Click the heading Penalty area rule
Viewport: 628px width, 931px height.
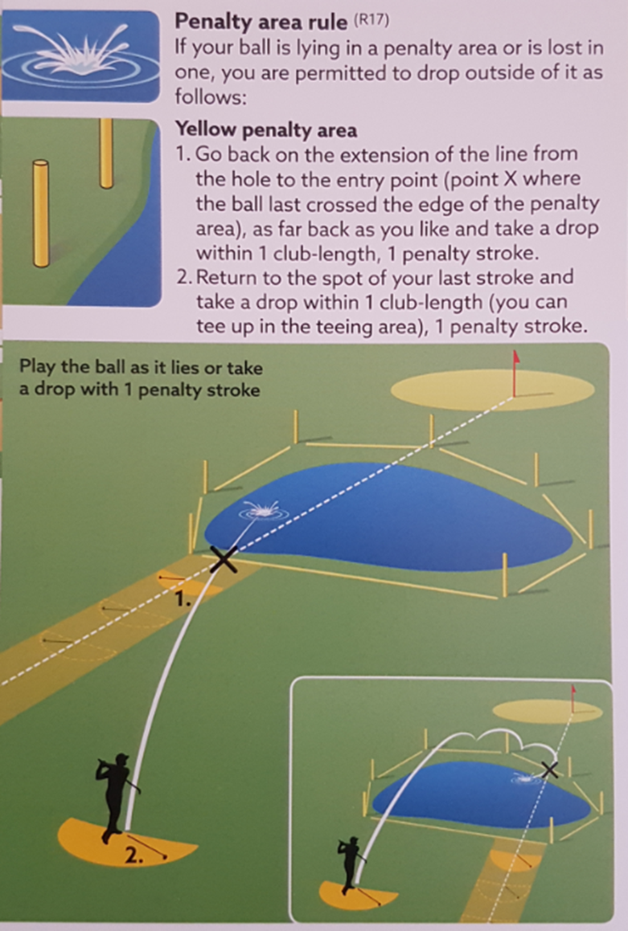[261, 22]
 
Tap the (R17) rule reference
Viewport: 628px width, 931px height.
[371, 20]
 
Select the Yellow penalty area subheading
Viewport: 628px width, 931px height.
[266, 129]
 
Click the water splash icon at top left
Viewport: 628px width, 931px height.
[80, 56]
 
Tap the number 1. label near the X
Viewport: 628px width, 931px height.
[183, 599]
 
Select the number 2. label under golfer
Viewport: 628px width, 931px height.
[134, 855]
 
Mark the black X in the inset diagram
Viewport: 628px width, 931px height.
[549, 770]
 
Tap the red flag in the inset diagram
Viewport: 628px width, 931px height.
[573, 698]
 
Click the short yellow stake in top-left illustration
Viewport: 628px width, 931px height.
[41, 213]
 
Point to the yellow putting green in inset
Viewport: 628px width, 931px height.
[548, 711]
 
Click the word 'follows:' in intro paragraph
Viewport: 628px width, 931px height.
[211, 96]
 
